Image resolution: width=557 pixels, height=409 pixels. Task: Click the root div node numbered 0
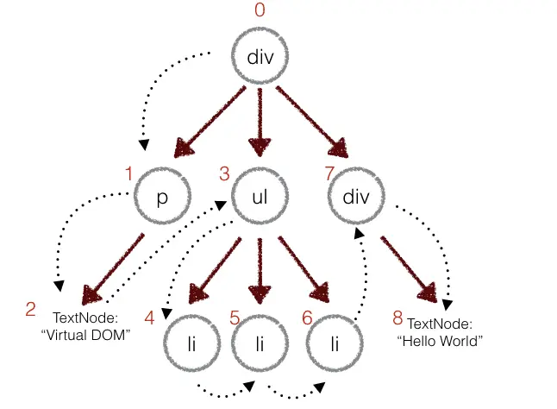click(260, 58)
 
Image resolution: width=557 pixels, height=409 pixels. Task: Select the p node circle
click(161, 197)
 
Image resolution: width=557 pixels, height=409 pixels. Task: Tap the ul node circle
click(260, 197)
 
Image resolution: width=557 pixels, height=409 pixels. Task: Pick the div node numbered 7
click(356, 197)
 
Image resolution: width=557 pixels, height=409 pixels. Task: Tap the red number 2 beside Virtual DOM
click(31, 309)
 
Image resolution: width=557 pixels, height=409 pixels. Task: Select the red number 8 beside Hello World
click(397, 318)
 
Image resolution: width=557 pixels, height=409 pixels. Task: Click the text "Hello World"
click(440, 340)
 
